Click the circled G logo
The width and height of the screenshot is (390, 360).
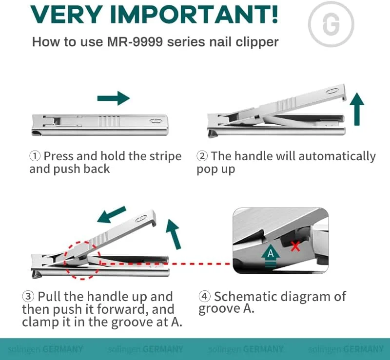[331, 24]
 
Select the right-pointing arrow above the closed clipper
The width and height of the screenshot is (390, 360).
[114, 98]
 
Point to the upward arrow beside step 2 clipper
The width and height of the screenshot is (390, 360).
[357, 109]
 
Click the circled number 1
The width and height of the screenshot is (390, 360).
[35, 156]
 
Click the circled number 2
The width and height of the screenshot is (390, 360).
[202, 156]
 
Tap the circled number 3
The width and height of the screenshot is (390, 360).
[28, 296]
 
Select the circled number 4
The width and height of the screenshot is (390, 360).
[204, 296]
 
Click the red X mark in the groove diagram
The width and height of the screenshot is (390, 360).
[295, 246]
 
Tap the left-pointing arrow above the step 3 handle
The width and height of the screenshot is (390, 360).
[112, 214]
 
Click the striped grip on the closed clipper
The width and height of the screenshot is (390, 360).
[109, 121]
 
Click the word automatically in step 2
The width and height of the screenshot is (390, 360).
[337, 156]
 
